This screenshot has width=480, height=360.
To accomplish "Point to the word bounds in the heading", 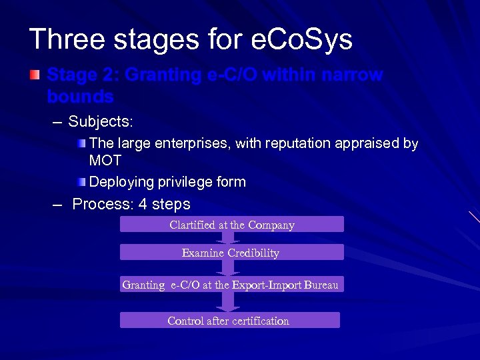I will [80, 97].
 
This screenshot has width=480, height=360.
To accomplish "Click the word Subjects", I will [101, 122].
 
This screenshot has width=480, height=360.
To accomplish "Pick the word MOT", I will [105, 161].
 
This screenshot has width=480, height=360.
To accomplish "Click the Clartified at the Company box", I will [231, 225].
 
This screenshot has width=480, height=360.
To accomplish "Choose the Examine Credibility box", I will [231, 253].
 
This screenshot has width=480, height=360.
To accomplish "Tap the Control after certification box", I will [229, 321].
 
